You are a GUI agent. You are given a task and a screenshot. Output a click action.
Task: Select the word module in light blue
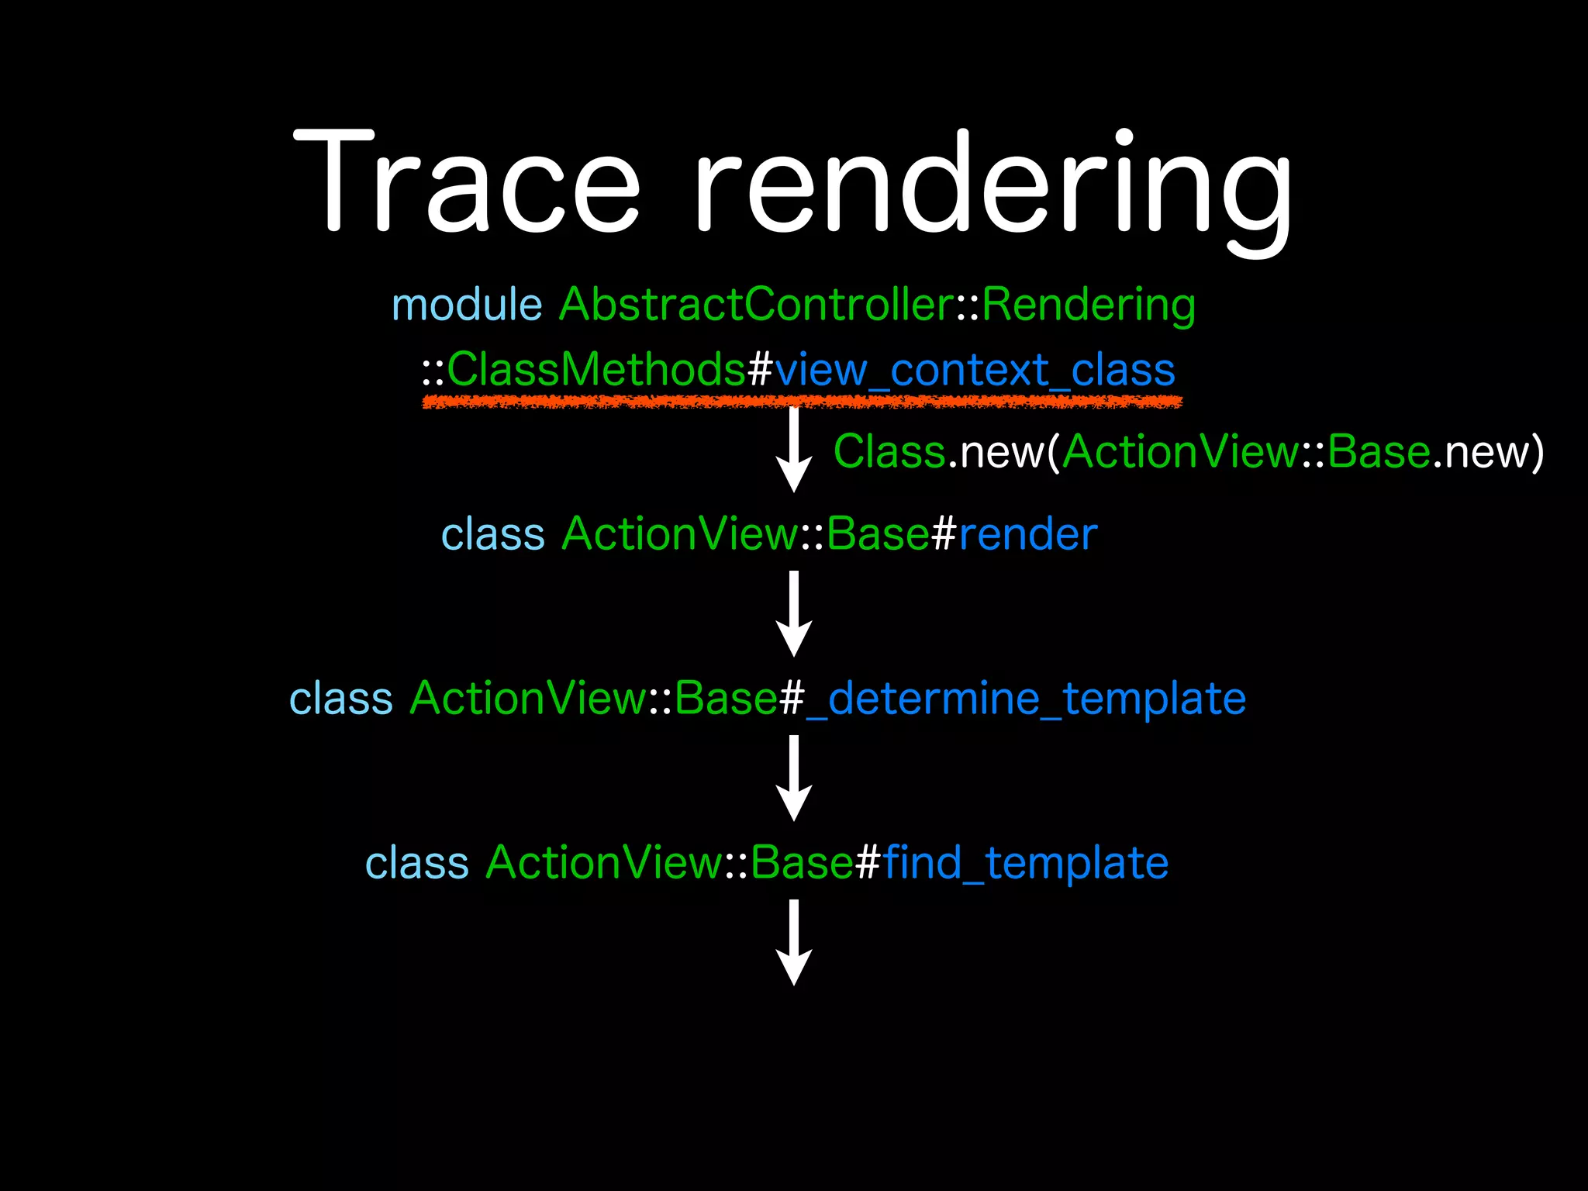(467, 304)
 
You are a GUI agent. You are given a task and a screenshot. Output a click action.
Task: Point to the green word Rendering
(1089, 306)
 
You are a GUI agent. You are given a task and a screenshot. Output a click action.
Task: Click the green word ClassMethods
(595, 369)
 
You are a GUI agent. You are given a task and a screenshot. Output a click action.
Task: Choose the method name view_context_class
(975, 371)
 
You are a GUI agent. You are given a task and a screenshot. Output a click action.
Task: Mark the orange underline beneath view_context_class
(802, 402)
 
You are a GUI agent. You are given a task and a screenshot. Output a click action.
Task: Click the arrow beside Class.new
(794, 450)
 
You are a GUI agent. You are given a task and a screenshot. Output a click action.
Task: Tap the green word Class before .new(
(889, 451)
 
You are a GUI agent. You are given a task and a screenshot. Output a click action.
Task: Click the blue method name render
(1027, 534)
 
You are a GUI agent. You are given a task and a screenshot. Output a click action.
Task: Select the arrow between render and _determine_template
(794, 614)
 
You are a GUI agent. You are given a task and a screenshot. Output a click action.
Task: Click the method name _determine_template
(1026, 699)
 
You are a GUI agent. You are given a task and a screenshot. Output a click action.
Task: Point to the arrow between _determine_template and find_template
(794, 778)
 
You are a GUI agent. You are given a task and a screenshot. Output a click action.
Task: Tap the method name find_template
(1025, 863)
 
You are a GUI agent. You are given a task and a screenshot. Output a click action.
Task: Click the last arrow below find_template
(794, 943)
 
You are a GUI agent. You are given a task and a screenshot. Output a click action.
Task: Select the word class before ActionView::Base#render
(493, 534)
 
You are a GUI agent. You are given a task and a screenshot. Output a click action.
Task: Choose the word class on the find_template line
(417, 863)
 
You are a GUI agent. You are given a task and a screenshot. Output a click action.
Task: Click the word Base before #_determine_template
(726, 699)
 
